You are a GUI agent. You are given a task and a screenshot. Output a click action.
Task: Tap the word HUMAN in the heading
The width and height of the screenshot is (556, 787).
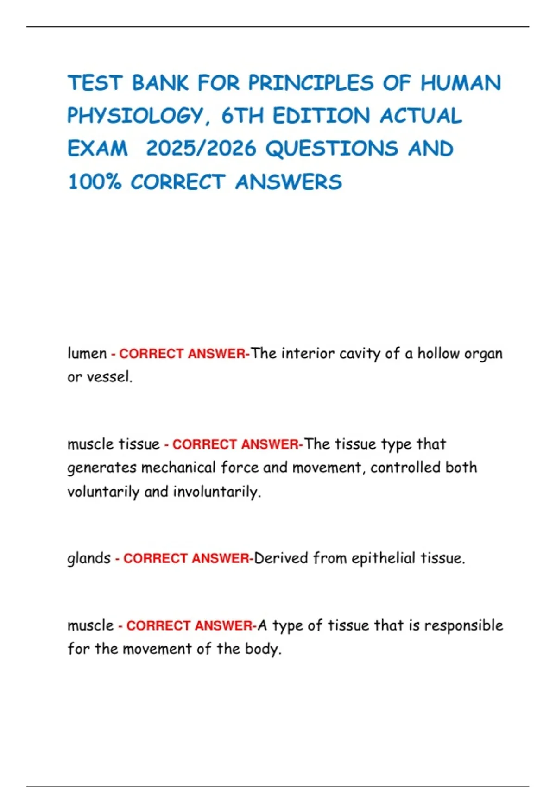pyautogui.click(x=461, y=83)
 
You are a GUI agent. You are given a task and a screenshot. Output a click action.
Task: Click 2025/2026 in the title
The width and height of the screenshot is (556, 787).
pyautogui.click(x=201, y=149)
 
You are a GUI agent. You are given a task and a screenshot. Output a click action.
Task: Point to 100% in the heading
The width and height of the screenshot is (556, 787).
pyautogui.click(x=95, y=182)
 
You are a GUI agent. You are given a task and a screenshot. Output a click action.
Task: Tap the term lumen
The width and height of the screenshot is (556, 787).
pyautogui.click(x=87, y=354)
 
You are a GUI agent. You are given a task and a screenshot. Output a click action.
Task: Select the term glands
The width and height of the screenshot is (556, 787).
pyautogui.click(x=89, y=558)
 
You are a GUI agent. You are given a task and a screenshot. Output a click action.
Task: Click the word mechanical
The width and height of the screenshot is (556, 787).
pyautogui.click(x=178, y=468)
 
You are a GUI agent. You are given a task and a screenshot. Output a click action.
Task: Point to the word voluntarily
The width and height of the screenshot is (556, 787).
pyautogui.click(x=103, y=492)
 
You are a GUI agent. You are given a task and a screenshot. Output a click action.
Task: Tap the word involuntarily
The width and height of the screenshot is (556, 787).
pyautogui.click(x=216, y=492)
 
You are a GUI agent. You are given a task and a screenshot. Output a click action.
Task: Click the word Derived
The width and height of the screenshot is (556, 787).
pyautogui.click(x=281, y=558)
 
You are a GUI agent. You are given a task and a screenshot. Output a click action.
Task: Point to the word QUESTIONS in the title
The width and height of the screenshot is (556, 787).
pyautogui.click(x=332, y=149)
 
